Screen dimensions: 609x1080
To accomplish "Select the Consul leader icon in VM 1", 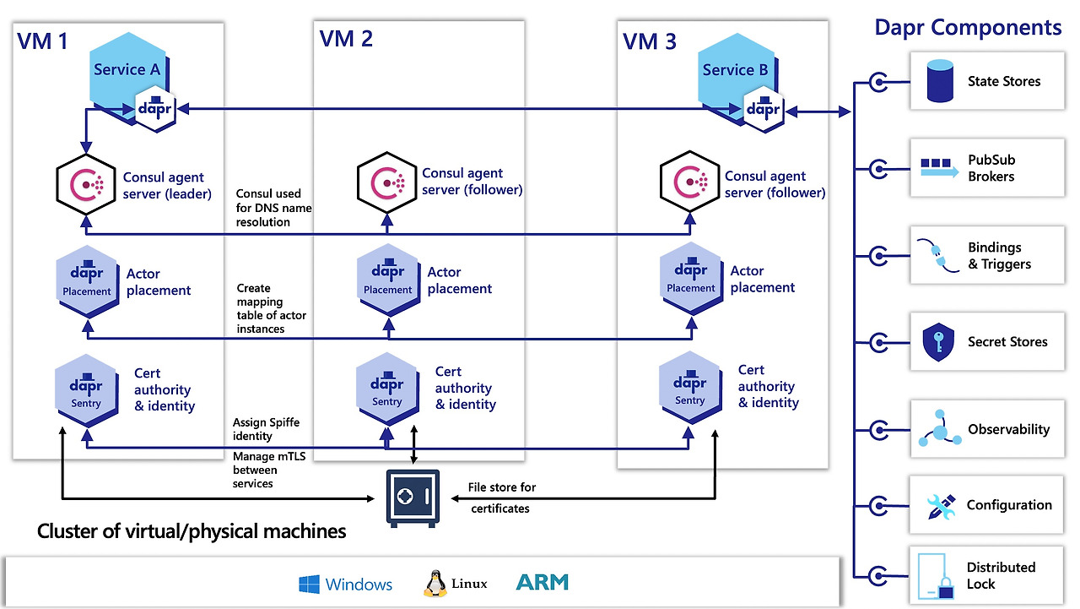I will [x=86, y=183].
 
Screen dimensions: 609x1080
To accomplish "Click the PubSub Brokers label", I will [x=991, y=168].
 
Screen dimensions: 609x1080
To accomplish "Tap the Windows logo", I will [x=310, y=585].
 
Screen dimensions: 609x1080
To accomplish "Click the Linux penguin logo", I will [x=435, y=584].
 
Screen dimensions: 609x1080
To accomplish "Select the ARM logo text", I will [x=543, y=583].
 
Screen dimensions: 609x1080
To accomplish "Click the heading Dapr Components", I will [x=968, y=28].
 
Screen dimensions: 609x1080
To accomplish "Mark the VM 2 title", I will [x=347, y=39].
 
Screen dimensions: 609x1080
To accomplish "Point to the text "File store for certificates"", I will [x=501, y=498].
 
